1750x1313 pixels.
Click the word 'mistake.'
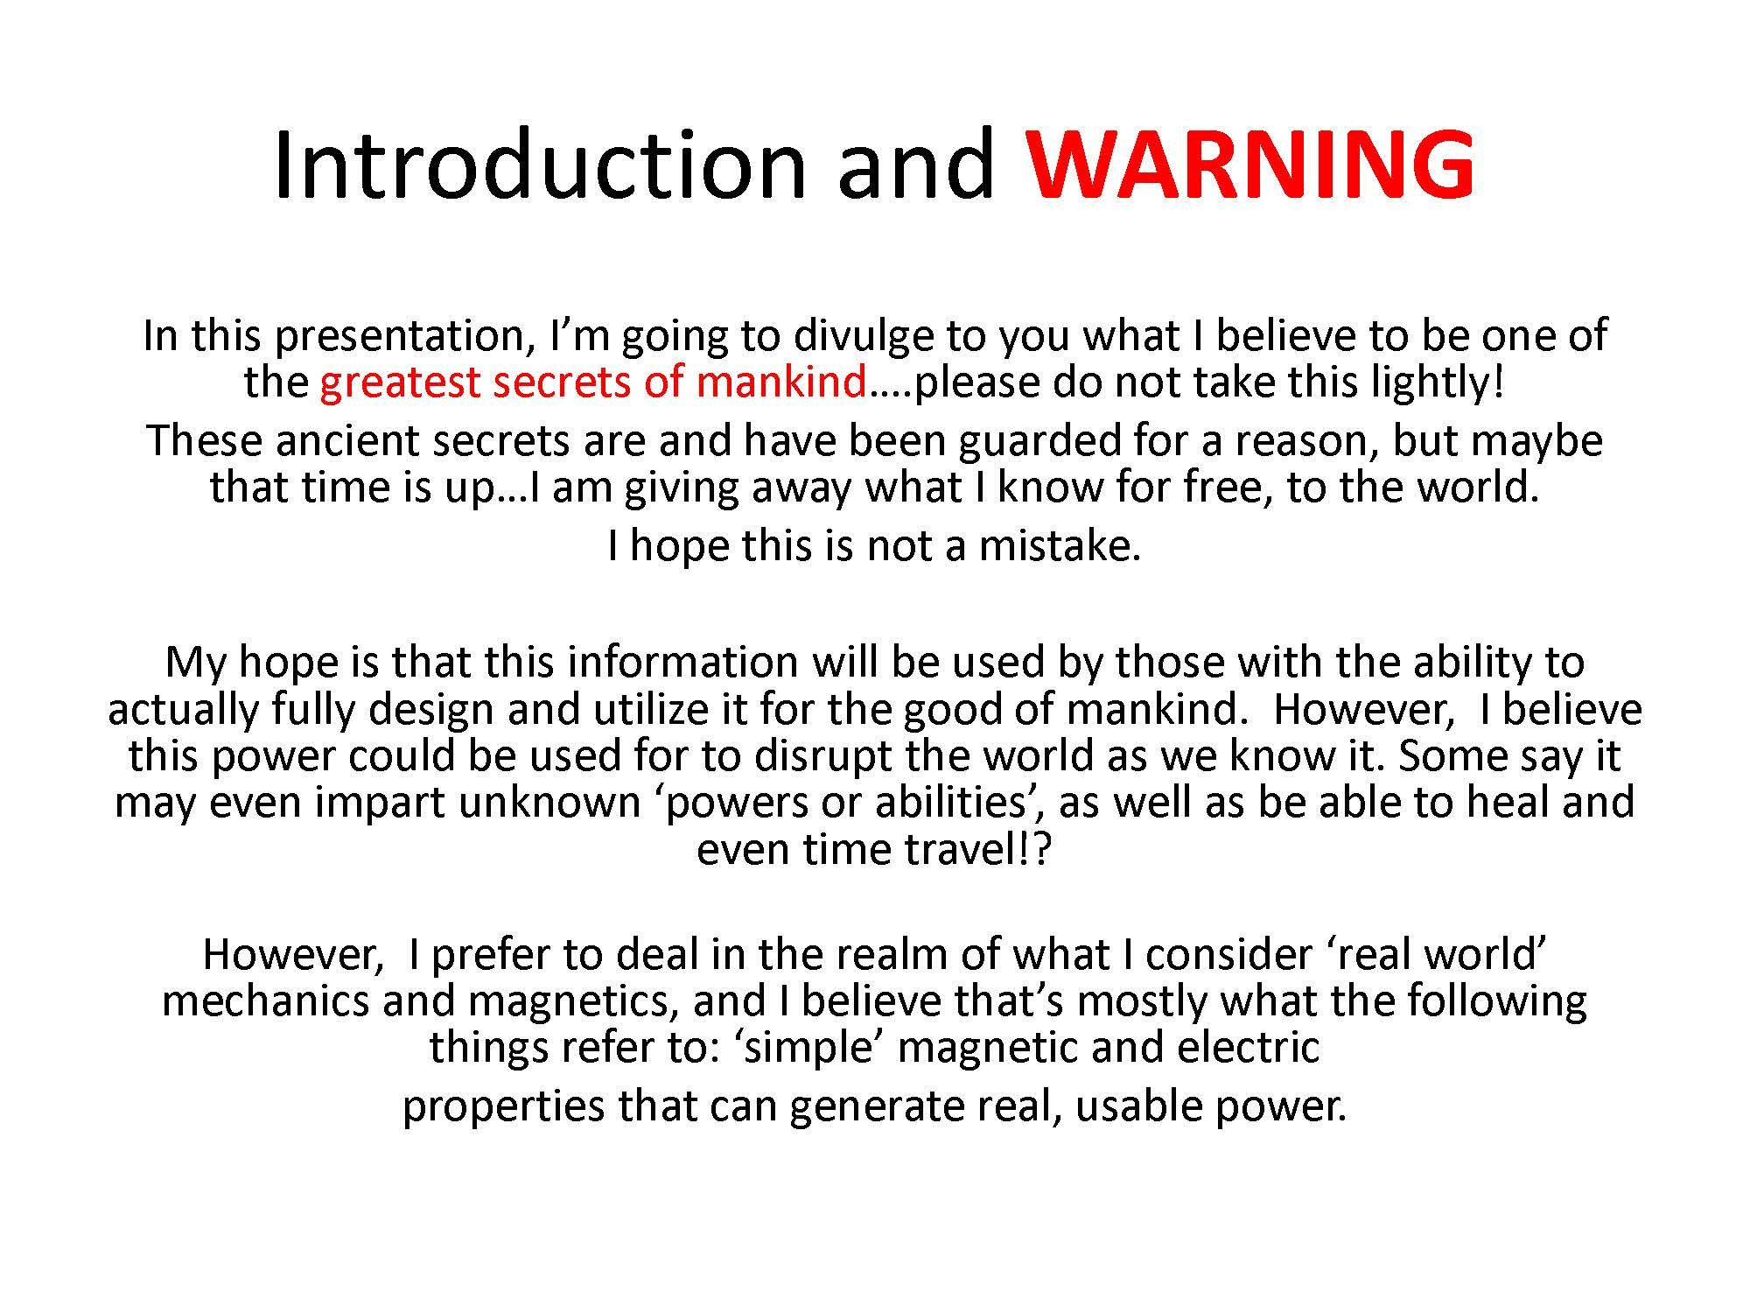[x=1060, y=545]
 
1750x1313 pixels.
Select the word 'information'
[x=682, y=662]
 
